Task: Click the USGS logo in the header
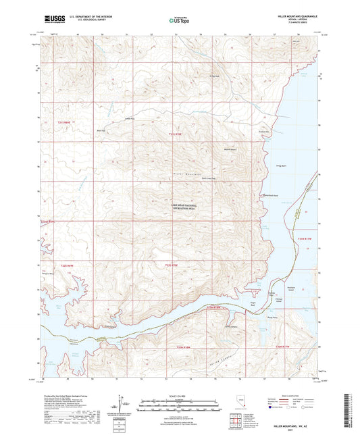coord(50,19)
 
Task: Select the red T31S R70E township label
coord(175,134)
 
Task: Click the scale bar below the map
coord(178,403)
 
